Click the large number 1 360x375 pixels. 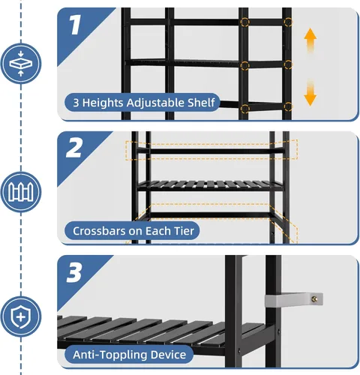point(74,27)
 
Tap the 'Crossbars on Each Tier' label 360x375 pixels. point(133,230)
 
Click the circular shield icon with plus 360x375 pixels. point(21,315)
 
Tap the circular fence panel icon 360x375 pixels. point(21,190)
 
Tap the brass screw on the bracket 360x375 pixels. point(316,299)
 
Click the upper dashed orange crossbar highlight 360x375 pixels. point(211,149)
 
